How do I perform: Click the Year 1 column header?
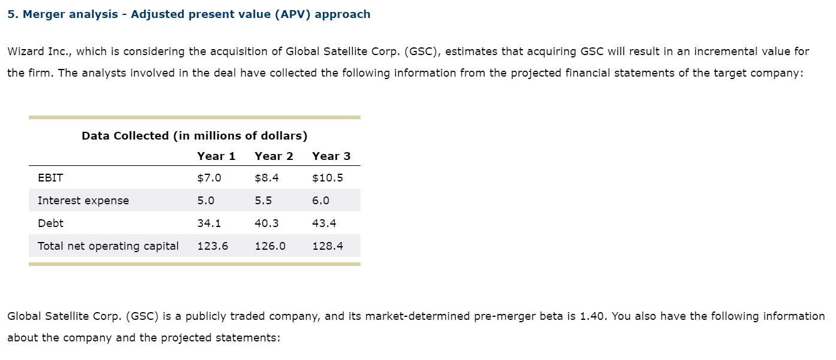coord(216,156)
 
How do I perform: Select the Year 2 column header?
coord(274,156)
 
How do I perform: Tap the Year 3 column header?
coord(331,156)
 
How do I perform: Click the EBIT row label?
coord(50,178)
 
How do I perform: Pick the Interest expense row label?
coord(83,201)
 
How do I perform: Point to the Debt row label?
coord(50,223)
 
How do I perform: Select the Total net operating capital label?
coord(108,246)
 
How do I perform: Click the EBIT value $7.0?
coord(209,178)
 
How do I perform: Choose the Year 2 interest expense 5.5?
coord(263,201)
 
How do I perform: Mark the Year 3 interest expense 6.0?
coord(320,201)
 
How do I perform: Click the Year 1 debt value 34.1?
coord(209,223)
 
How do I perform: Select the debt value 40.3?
coord(266,223)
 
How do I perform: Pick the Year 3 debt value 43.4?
coord(324,223)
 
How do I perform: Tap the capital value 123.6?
coord(213,246)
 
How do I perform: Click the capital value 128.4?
coord(328,246)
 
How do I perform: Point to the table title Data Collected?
coord(194,136)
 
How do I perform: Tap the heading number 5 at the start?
coord(11,14)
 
